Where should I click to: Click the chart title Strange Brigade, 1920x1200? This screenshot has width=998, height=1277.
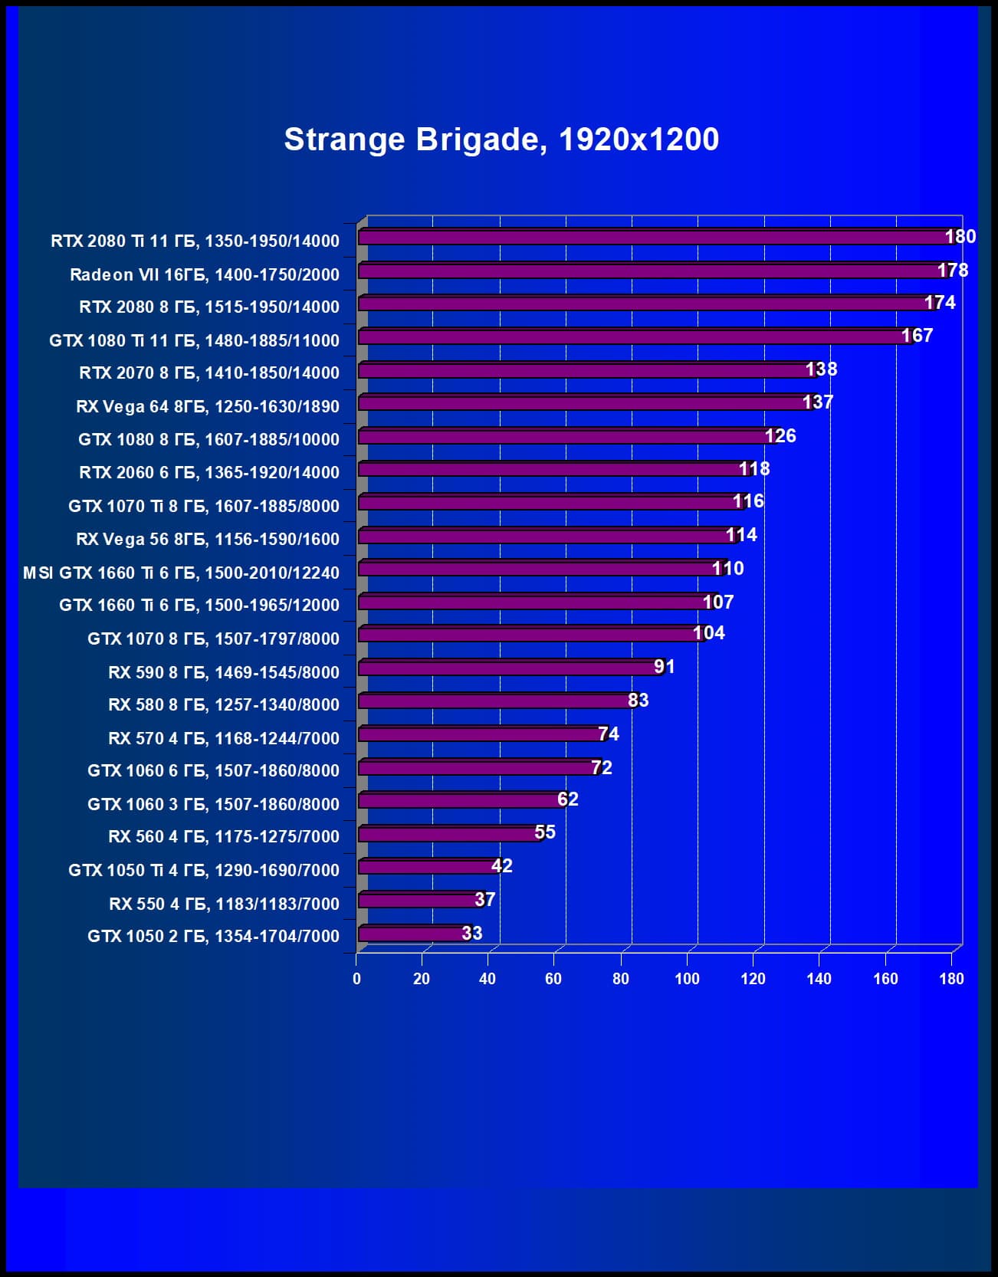[501, 140]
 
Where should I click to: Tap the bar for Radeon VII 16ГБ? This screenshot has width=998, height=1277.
[648, 271]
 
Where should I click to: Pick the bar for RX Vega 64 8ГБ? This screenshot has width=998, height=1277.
[583, 402]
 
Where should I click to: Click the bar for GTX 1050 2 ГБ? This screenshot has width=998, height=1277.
[412, 933]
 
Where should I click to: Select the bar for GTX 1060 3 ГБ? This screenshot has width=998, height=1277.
[460, 800]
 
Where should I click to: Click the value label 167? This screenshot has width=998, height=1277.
[917, 336]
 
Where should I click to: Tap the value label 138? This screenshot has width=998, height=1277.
[821, 369]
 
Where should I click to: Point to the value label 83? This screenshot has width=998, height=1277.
[638, 701]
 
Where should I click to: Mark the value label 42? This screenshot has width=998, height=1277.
[501, 866]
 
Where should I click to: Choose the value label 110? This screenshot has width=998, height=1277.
[727, 569]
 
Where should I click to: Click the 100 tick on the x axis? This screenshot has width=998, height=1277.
[687, 979]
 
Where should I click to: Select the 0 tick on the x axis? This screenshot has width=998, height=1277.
[356, 979]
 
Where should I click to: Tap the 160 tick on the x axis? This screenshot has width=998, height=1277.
[885, 979]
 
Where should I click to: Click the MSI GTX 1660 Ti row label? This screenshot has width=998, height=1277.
[181, 573]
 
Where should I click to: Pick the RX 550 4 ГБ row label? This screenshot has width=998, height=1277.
[224, 904]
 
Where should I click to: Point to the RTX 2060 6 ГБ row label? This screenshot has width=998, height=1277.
[208, 473]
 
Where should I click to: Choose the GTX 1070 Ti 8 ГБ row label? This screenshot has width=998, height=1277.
[203, 506]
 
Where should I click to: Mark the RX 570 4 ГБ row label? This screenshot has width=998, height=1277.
[223, 738]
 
